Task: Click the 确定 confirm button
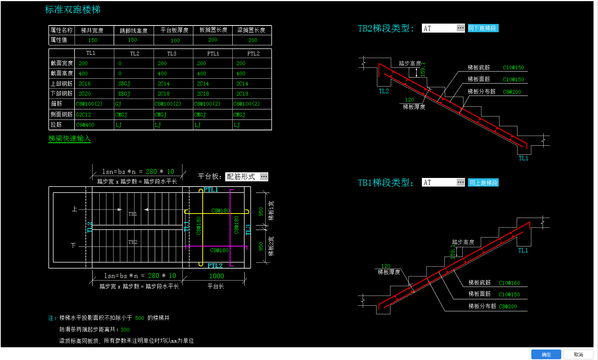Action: [546, 354]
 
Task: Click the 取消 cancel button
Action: [578, 354]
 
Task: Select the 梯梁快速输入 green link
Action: [70, 139]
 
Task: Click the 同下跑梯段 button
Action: [483, 28]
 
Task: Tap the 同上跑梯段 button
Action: [483, 183]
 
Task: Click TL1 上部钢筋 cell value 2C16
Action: [85, 84]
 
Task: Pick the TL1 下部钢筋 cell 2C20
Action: [85, 94]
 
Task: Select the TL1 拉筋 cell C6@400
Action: [85, 125]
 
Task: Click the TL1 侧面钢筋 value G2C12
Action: [84, 115]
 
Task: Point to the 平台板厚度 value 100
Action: [175, 40]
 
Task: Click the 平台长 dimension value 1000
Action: [217, 276]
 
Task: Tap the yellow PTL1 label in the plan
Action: [211, 190]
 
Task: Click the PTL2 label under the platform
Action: [215, 266]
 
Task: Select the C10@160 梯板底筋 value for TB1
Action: [509, 283]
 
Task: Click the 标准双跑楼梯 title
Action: [73, 10]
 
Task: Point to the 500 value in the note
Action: [139, 318]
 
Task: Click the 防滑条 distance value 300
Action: [125, 330]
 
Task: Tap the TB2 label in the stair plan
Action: [133, 242]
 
